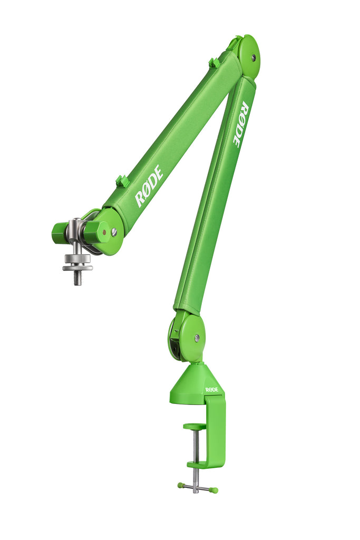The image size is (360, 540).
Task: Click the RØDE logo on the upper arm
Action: [149, 186]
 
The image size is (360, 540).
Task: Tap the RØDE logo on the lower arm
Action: [240, 124]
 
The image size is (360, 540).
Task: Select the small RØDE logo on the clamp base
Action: [211, 390]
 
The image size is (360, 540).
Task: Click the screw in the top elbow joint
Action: [253, 57]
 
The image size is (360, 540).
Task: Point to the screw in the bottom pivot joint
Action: [197, 337]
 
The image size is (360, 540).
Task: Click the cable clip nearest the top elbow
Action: [214, 63]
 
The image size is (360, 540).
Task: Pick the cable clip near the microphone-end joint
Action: [122, 181]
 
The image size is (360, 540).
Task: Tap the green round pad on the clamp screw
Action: [194, 426]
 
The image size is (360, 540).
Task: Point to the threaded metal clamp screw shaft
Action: [196, 446]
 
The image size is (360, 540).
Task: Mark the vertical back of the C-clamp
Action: [216, 430]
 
